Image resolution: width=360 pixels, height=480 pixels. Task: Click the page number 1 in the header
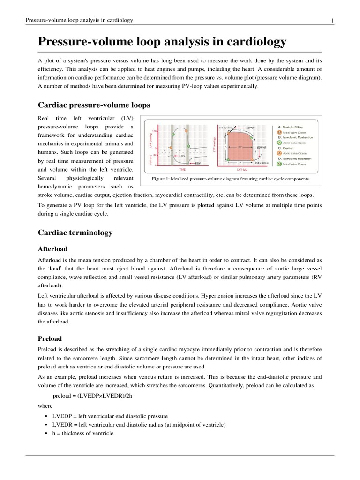(332, 20)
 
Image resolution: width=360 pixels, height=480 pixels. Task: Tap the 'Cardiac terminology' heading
(75, 232)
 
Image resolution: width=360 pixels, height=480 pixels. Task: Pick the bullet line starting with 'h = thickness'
(83, 433)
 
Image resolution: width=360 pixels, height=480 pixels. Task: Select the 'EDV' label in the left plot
(182, 155)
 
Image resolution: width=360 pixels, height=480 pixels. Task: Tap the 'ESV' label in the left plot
(198, 163)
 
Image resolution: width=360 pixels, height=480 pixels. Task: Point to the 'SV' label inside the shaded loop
(240, 147)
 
